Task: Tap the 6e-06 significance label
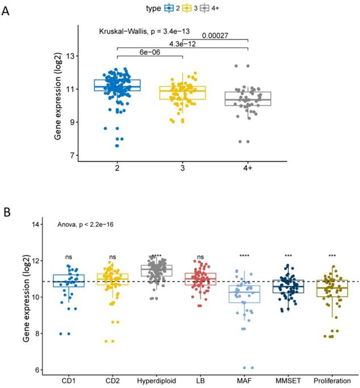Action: coord(150,52)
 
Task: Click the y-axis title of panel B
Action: coord(27,298)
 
